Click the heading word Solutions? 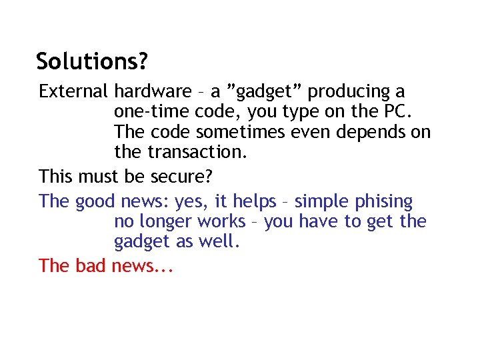[92, 61]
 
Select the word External [73, 91]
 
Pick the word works [222, 221]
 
